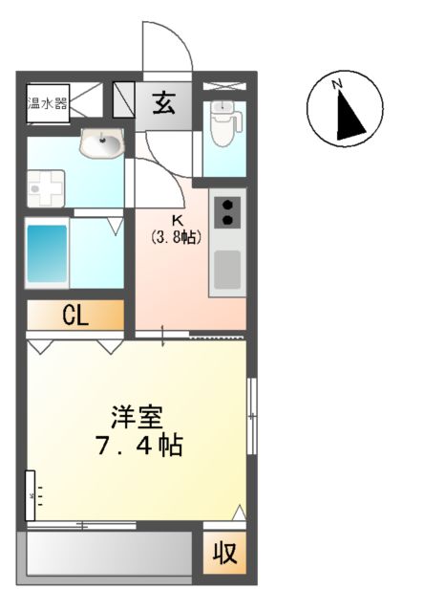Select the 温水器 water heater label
coord(46,102)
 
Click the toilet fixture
coord(222,123)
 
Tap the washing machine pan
coord(44,188)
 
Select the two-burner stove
coord(228,211)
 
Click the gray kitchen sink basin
coord(227,269)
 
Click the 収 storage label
coord(224,554)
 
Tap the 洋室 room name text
coord(138,418)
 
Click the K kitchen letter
coord(177,220)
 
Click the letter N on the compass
coord(337,85)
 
